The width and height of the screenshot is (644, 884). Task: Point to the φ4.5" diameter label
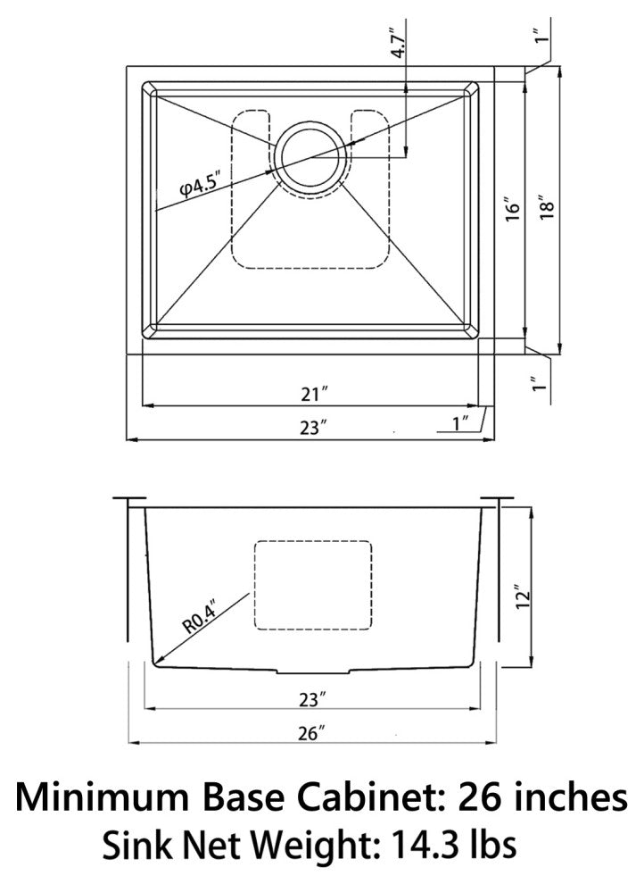pos(200,186)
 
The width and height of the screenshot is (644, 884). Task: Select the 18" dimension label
pos(547,207)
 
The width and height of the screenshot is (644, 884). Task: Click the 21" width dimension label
pos(314,394)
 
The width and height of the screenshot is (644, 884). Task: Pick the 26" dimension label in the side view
pos(312,733)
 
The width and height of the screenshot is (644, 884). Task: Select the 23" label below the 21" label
pos(313,428)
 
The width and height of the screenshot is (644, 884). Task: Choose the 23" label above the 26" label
pos(313,700)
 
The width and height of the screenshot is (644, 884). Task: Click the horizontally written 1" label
pos(462,423)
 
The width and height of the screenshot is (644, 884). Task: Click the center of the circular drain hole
pos(311,158)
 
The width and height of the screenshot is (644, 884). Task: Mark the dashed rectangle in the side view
pos(313,585)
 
